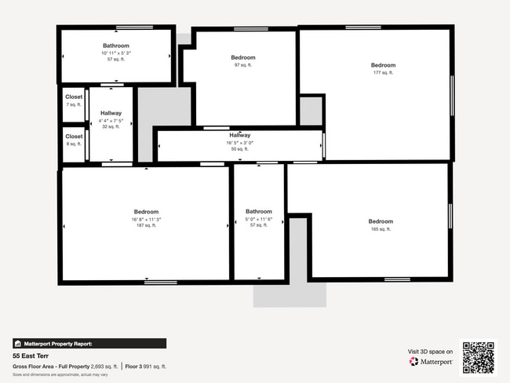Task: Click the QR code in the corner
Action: pyautogui.click(x=478, y=357)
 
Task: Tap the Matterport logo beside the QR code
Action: pyautogui.click(x=431, y=362)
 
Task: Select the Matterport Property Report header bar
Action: pyautogui.click(x=89, y=343)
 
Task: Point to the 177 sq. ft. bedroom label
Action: pyautogui.click(x=383, y=72)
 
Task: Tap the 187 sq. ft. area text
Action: pyautogui.click(x=146, y=225)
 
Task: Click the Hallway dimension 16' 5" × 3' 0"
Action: pyautogui.click(x=239, y=142)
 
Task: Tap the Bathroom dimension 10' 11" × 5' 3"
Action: pyautogui.click(x=116, y=53)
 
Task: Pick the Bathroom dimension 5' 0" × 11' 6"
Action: pyautogui.click(x=259, y=218)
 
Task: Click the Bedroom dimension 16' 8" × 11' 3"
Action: pyautogui.click(x=146, y=219)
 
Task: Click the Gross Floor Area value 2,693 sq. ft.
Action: pyautogui.click(x=104, y=367)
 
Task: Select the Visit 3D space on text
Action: pyautogui.click(x=430, y=351)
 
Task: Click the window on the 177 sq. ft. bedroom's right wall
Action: pyautogui.click(x=452, y=96)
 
